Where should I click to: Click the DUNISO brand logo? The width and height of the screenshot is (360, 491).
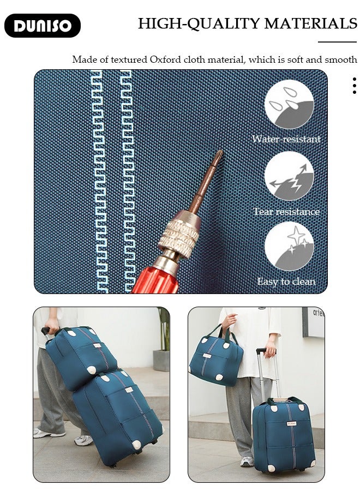43,26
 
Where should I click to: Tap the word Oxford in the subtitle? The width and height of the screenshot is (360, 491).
165,59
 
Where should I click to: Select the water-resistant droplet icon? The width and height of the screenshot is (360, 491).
289,104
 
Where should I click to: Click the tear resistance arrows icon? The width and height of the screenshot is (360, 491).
289,176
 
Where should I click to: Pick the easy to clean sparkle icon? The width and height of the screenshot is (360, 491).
289,246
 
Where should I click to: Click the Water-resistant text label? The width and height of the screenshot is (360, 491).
286,139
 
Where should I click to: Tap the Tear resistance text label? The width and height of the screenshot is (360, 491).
286,212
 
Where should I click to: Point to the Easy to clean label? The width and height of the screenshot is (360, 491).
286,282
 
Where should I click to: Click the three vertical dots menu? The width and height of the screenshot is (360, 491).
355,86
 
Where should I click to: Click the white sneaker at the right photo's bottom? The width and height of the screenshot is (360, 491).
247,461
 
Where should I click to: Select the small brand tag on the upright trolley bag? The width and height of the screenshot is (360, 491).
291,424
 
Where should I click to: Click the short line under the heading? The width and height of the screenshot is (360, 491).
337,41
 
